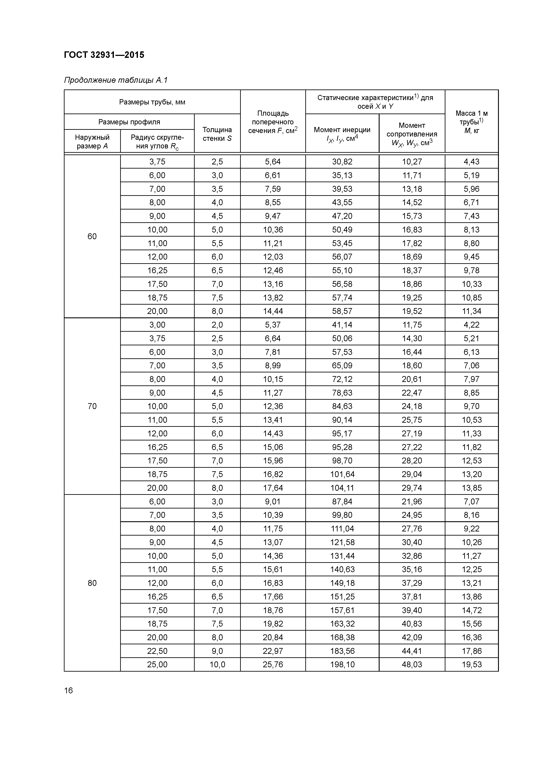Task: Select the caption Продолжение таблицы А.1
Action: click(116, 80)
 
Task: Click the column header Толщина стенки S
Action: click(217, 134)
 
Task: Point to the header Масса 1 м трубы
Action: click(471, 122)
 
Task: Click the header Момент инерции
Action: click(342, 134)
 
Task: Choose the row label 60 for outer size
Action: click(92, 236)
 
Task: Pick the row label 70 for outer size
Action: click(92, 406)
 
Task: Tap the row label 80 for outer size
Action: click(92, 583)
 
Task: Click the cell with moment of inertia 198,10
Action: click(342, 664)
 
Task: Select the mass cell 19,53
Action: click(471, 664)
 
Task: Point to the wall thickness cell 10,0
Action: click(217, 664)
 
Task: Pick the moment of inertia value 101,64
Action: click(342, 474)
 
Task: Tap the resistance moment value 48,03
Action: click(412, 664)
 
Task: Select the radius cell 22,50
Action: click(157, 651)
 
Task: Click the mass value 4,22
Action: click(471, 325)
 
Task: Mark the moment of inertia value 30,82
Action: click(342, 162)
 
